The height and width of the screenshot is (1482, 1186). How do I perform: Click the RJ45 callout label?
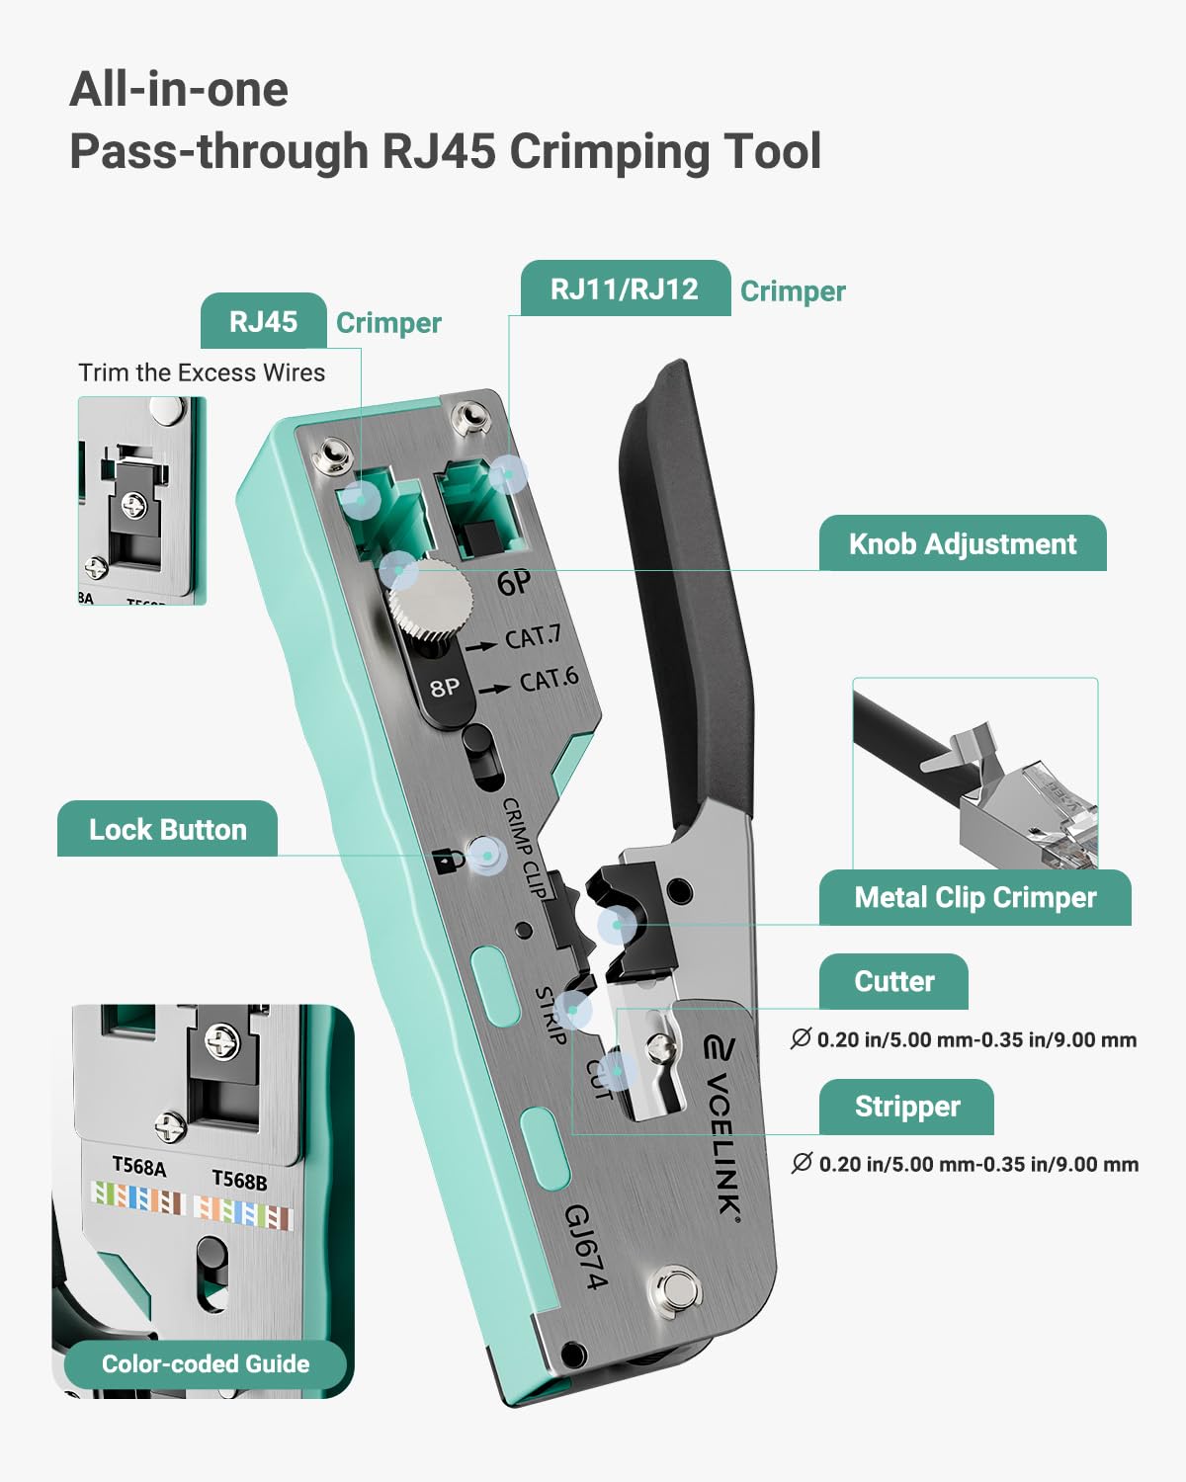pyautogui.click(x=263, y=321)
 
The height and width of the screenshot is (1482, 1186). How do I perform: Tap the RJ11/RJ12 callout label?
pyautogui.click(x=625, y=288)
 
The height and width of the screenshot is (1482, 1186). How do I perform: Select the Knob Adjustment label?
pyautogui.click(x=962, y=543)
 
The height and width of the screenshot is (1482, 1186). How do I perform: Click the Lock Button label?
pyautogui.click(x=167, y=829)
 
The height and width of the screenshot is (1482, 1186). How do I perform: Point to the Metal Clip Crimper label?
pyautogui.click(x=974, y=897)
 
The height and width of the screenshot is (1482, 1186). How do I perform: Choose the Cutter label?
pyautogui.click(x=893, y=981)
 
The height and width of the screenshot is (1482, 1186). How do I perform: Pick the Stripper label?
pyautogui.click(x=906, y=1107)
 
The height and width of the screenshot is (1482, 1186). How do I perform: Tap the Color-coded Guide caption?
pyautogui.click(x=206, y=1363)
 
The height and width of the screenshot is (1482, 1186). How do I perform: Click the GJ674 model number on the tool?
pyautogui.click(x=585, y=1247)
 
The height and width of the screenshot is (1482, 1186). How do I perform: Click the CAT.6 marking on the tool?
pyautogui.click(x=549, y=681)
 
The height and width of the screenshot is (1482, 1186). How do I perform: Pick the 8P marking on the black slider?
pyautogui.click(x=445, y=686)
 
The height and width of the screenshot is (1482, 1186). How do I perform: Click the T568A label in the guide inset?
pyautogui.click(x=138, y=1167)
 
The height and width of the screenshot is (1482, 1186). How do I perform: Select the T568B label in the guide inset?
pyautogui.click(x=239, y=1180)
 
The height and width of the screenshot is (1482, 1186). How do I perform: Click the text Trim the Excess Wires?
pyautogui.click(x=202, y=372)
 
